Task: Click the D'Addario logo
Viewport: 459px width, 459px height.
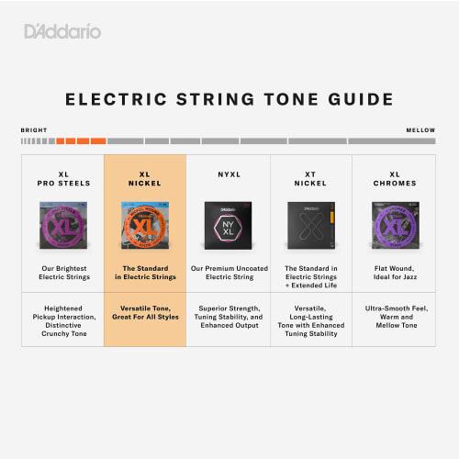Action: pos(62,32)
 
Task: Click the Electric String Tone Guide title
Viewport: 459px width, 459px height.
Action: pos(229,99)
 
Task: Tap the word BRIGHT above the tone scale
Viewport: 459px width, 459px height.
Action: pos(34,130)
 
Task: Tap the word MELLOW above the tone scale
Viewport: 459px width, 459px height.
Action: pos(420,130)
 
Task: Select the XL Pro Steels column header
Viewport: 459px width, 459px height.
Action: pos(62,178)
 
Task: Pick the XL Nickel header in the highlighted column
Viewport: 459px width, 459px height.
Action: pos(145,178)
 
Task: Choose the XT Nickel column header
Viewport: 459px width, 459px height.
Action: pos(310,178)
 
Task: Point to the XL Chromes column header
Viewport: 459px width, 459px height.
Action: pos(394,178)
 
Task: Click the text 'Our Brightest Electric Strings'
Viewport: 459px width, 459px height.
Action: pos(62,273)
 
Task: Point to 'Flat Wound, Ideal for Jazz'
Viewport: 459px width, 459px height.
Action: pos(394,273)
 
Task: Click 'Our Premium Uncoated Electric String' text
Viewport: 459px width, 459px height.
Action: pos(228,273)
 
